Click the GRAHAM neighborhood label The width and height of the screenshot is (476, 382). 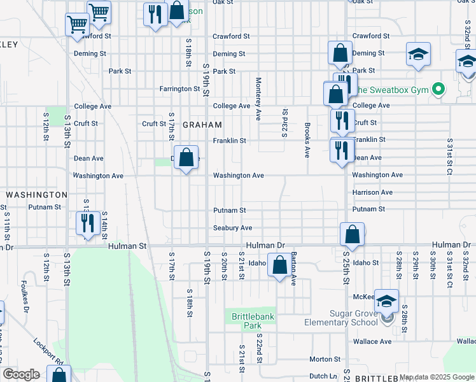[202, 125]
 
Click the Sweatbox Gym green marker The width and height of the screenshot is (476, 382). [438, 89]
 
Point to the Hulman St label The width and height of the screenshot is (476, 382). [127, 245]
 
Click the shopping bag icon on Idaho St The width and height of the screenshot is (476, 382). [279, 265]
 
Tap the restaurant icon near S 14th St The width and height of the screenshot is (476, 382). [87, 223]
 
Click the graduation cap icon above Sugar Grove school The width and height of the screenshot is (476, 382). [386, 301]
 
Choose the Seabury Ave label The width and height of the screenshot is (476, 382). [232, 227]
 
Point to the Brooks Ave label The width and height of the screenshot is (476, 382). [307, 140]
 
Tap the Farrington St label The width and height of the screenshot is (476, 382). [179, 88]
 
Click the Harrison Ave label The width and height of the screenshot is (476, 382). [372, 192]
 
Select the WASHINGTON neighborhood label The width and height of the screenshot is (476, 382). [36, 194]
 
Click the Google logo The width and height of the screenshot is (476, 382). [21, 374]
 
